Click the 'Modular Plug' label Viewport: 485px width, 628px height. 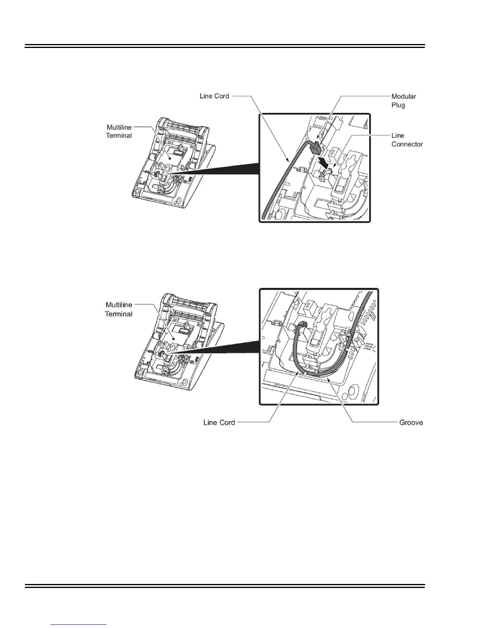click(x=403, y=101)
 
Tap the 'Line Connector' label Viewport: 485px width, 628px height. click(x=407, y=140)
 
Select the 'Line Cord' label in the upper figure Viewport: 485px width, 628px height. click(x=214, y=96)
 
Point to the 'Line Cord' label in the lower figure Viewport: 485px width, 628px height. click(x=219, y=423)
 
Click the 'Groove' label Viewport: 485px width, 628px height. click(x=411, y=423)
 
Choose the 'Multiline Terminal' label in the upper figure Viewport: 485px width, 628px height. click(x=119, y=131)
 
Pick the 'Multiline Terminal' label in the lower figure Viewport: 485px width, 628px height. click(x=118, y=309)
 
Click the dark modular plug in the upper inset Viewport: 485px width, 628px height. click(x=315, y=148)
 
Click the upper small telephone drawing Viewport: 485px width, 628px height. click(x=174, y=161)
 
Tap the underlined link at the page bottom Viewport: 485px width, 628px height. click(x=78, y=624)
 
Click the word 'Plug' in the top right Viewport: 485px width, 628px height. click(x=398, y=105)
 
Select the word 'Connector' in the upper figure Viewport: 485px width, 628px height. click(x=407, y=144)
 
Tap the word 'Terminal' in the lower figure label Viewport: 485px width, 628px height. click(x=118, y=314)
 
